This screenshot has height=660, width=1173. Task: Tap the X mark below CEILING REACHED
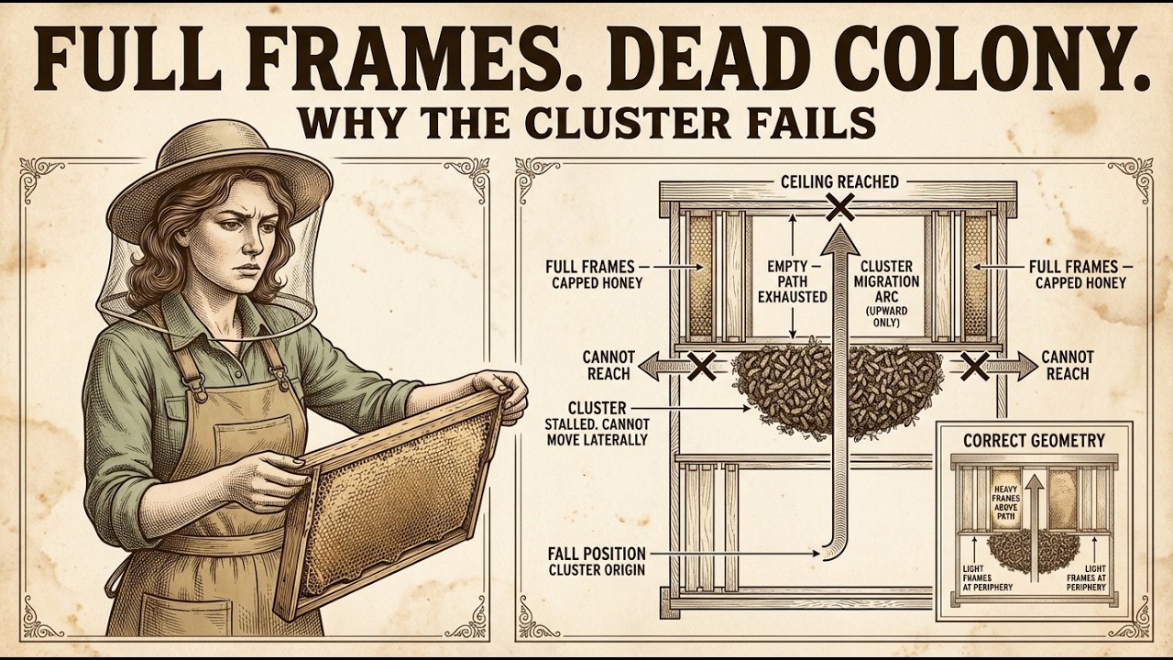(841, 206)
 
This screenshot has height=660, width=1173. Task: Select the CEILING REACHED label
(840, 181)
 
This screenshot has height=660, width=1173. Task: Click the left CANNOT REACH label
(608, 366)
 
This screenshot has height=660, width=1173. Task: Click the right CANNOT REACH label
(1068, 366)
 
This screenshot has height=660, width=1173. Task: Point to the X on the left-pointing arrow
(701, 366)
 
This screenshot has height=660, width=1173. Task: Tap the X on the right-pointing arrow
(974, 366)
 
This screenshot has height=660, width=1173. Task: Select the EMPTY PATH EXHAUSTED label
(793, 281)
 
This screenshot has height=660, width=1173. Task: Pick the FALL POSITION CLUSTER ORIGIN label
(597, 562)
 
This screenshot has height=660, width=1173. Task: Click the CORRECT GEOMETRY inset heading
(1034, 441)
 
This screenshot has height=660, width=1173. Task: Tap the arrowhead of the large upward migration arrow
(840, 240)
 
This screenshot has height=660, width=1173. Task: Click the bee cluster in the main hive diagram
(838, 388)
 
